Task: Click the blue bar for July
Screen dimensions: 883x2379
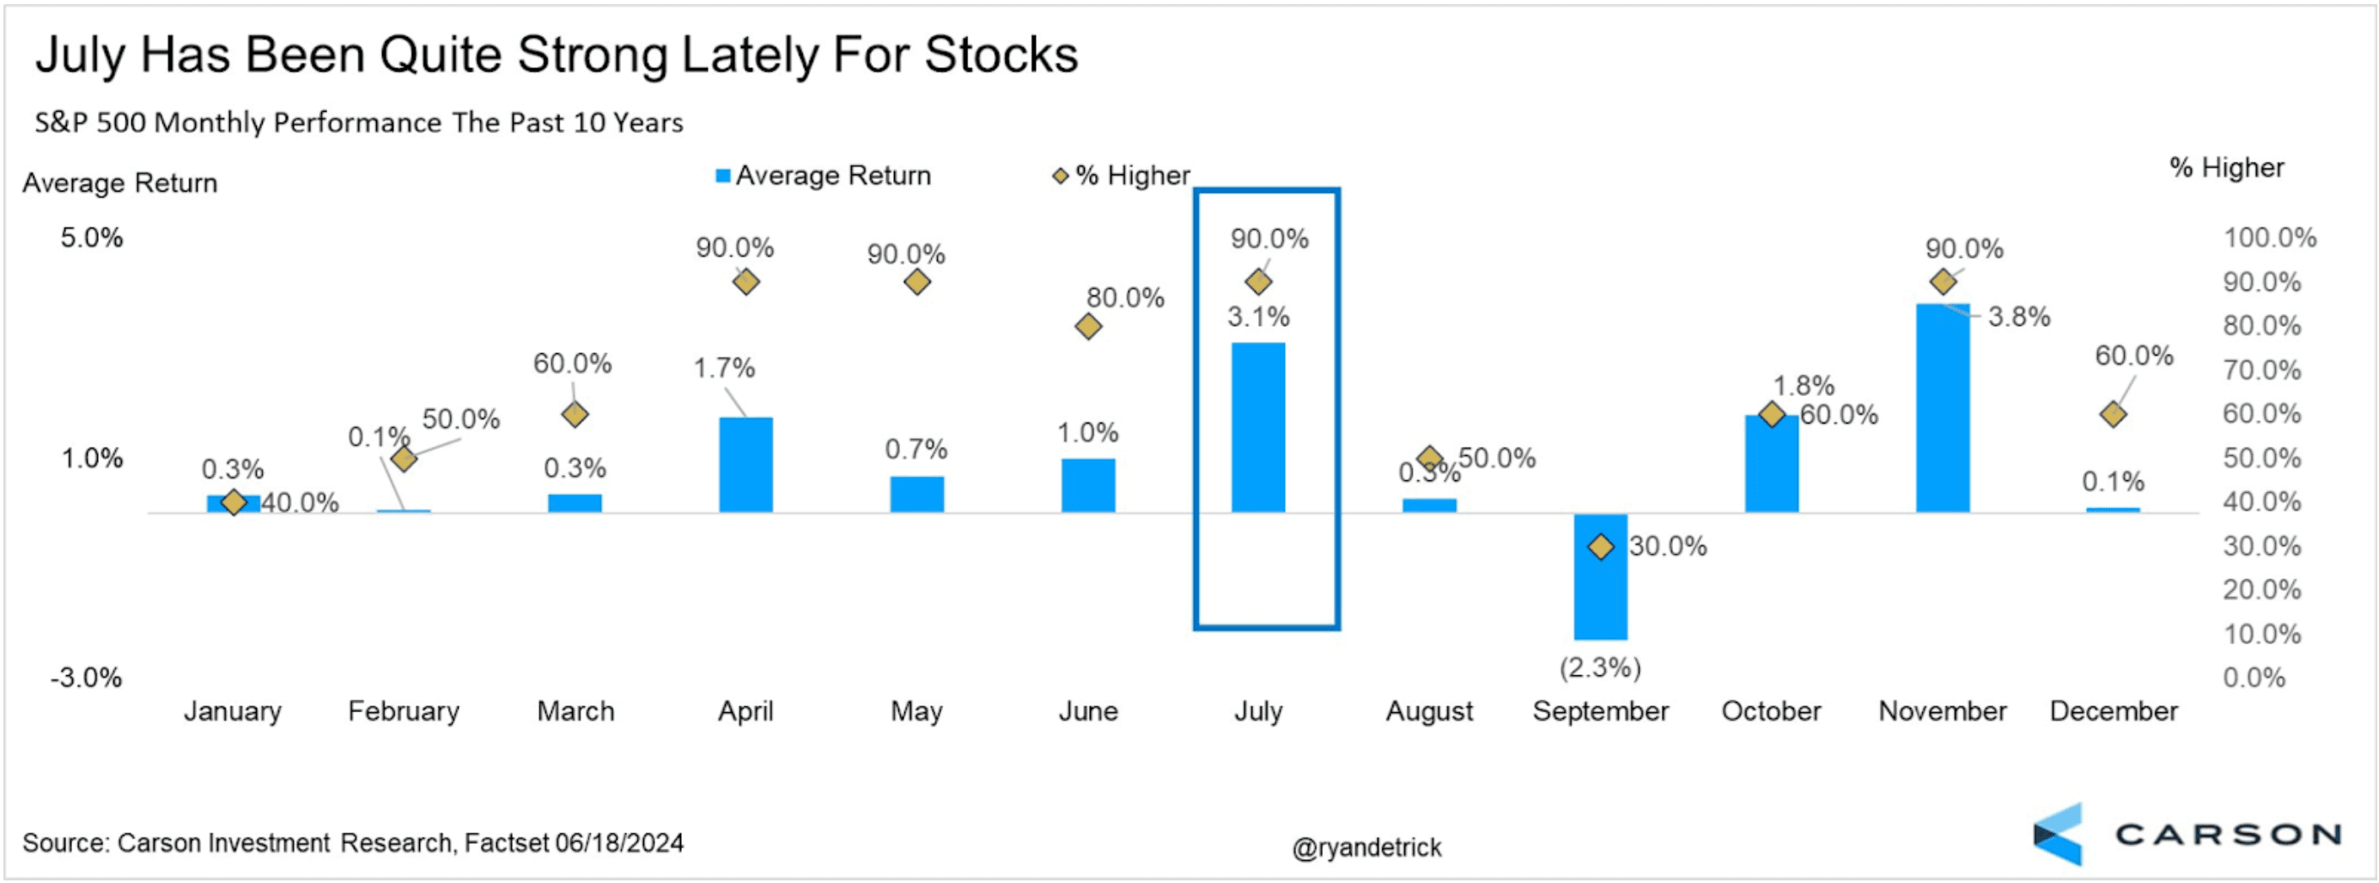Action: pos(1258,427)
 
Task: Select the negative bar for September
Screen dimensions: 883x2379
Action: pos(1601,576)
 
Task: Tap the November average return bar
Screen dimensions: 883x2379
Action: pos(1942,407)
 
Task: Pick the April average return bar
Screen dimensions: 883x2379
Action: pos(745,465)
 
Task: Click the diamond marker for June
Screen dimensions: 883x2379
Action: pos(1088,326)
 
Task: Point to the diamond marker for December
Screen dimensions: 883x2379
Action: pos(2113,415)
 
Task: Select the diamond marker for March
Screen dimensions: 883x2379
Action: pos(575,415)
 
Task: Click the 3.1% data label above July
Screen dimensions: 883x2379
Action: pos(1258,317)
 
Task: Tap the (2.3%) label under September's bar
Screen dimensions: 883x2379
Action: pos(1601,667)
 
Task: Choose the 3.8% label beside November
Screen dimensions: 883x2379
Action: pos(2019,317)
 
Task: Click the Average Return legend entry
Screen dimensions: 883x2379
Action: pos(824,175)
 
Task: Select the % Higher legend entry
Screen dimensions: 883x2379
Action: pos(1123,175)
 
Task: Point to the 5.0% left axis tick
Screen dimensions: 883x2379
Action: pos(91,237)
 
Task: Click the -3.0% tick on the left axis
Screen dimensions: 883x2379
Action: pos(86,678)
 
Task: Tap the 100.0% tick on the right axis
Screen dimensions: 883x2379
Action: pos(2269,237)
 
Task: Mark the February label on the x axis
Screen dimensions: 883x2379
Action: pos(404,711)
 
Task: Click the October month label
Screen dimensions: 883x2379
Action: pos(1771,711)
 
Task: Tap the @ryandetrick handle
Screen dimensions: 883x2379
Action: pos(1366,847)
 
